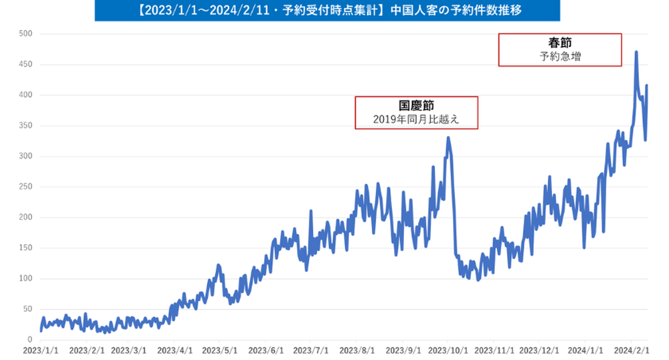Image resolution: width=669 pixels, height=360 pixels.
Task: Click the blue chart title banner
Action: (327, 11)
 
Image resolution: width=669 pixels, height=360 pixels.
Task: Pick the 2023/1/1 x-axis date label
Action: (40, 349)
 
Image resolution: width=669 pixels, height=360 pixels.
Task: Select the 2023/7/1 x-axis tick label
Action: (311, 349)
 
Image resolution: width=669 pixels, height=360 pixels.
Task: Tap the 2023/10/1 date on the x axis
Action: (447, 349)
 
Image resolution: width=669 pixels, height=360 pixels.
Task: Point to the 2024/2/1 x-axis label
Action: (631, 349)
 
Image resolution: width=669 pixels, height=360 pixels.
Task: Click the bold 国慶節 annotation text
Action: (416, 105)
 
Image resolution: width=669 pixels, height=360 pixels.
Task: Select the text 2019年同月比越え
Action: (416, 119)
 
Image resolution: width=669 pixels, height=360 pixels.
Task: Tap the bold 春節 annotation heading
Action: (560, 43)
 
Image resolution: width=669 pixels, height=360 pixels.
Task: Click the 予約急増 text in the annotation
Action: (560, 57)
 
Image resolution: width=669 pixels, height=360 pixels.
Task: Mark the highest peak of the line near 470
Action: (636, 52)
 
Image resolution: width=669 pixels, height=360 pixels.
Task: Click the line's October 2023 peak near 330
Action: (448, 137)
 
